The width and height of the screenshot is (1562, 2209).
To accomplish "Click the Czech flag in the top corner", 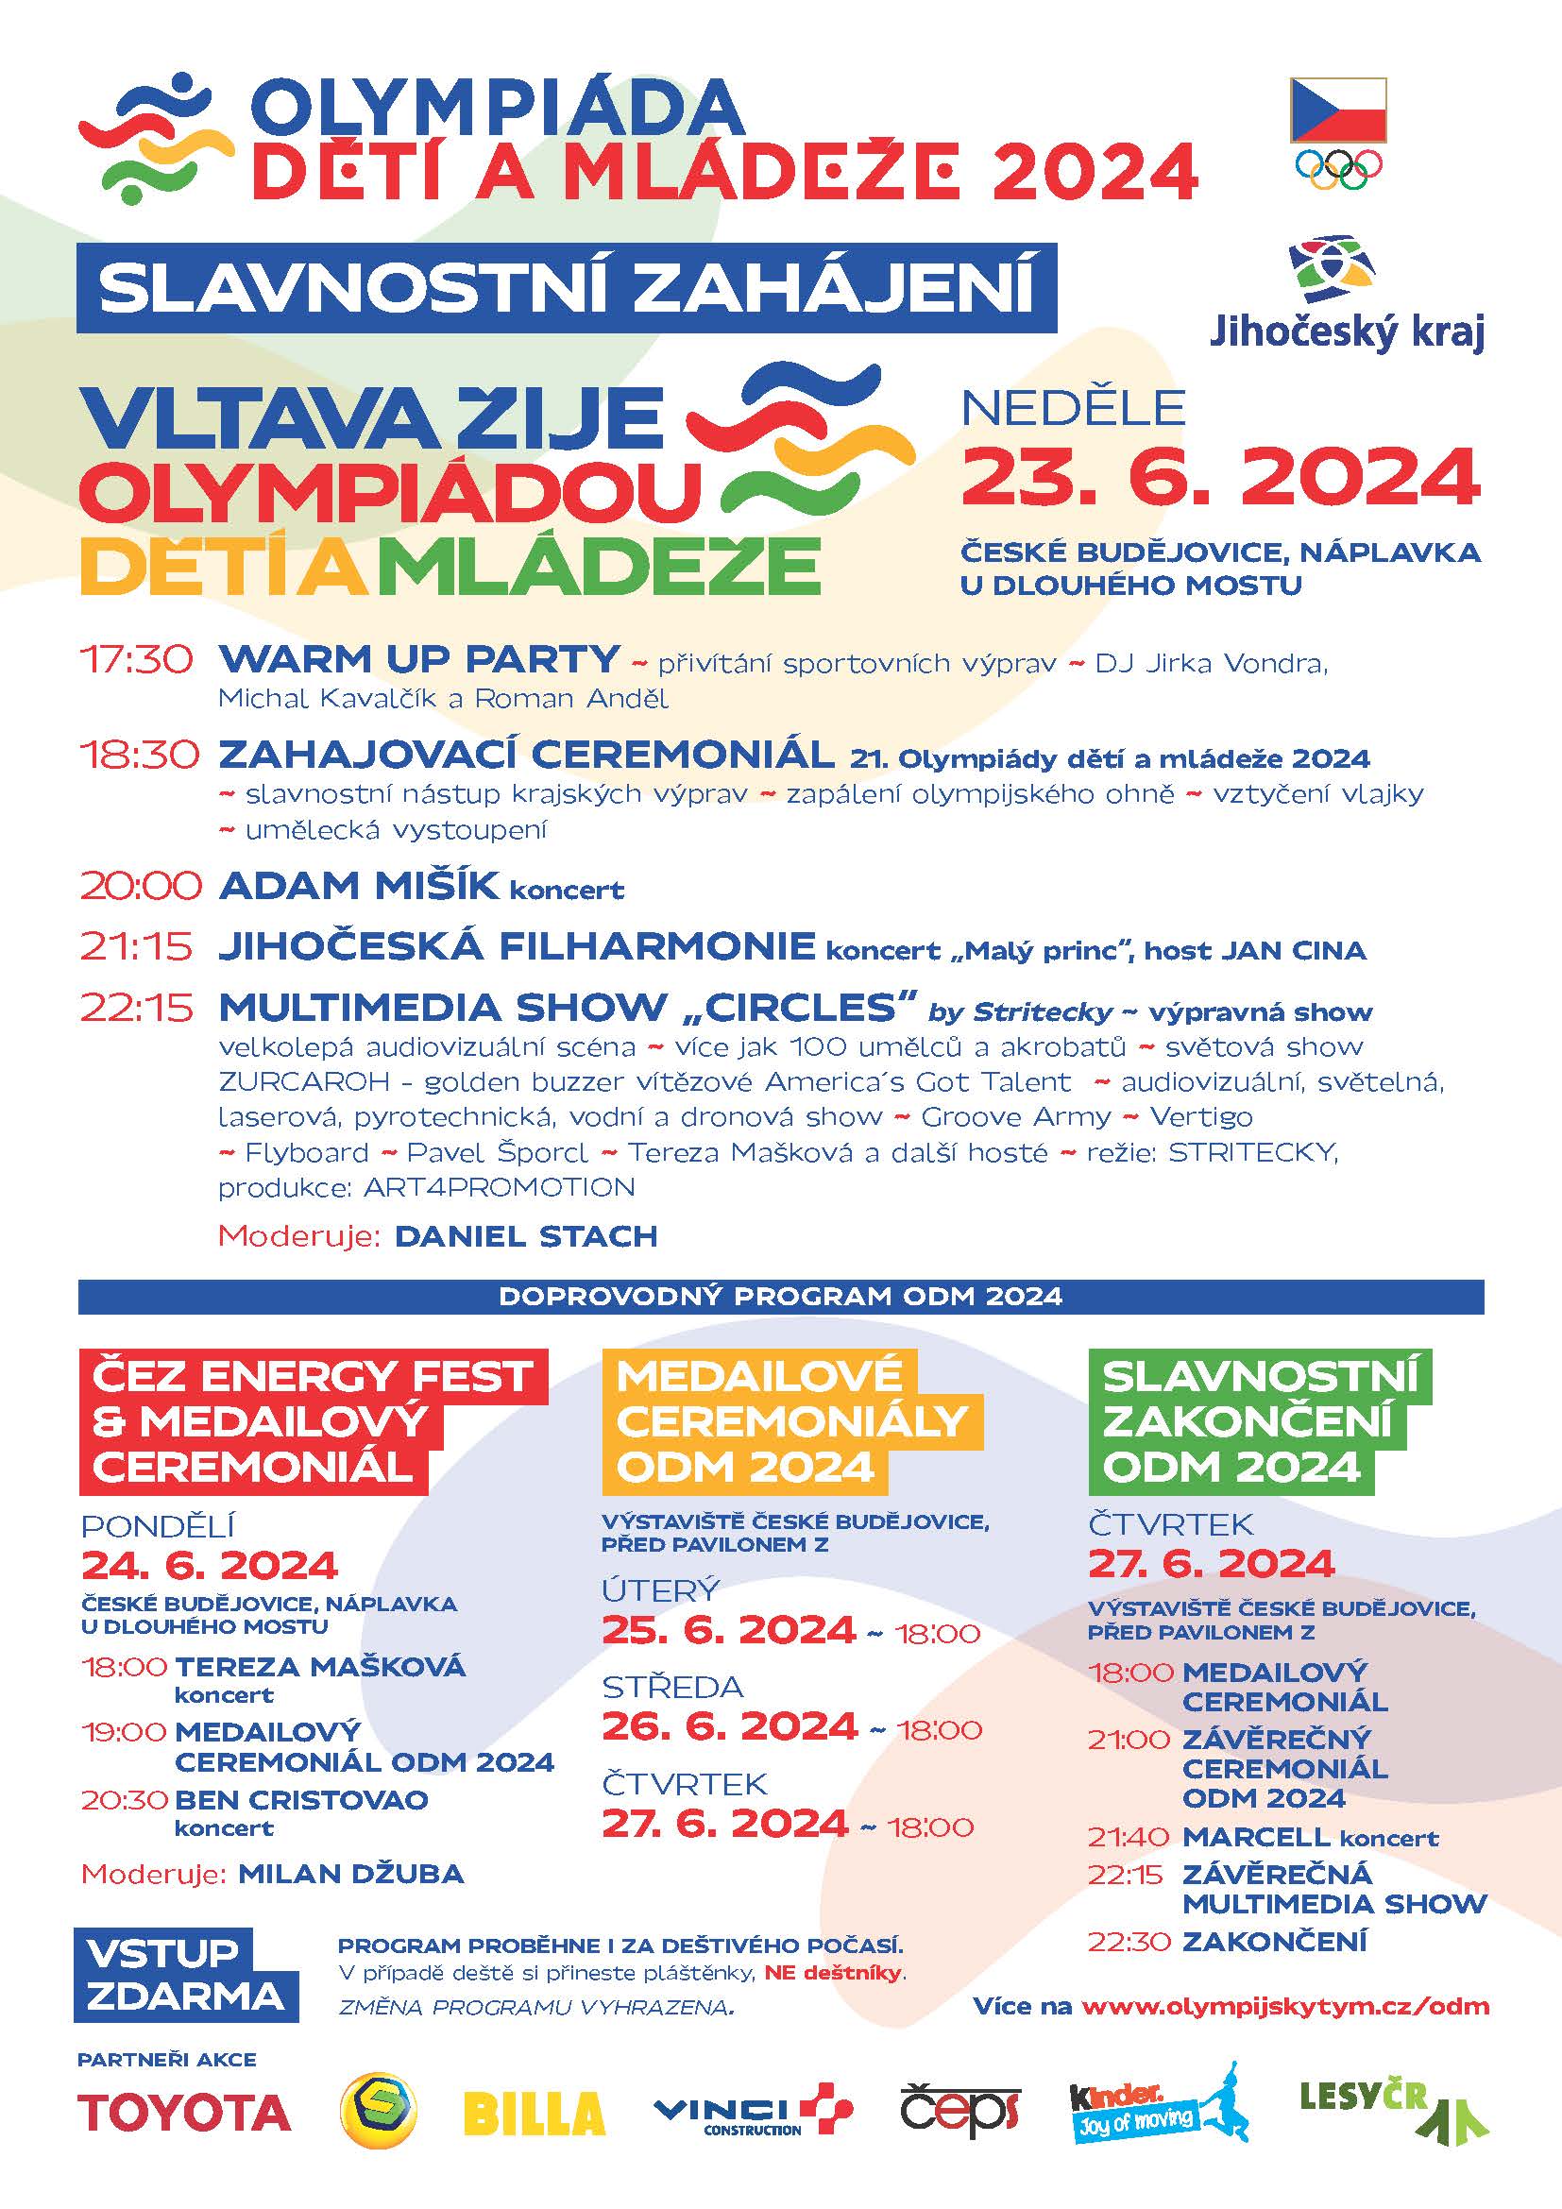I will click(x=1337, y=110).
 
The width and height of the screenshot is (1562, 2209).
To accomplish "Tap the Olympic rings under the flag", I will click(x=1338, y=166).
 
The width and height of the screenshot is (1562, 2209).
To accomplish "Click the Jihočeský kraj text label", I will click(x=1347, y=331).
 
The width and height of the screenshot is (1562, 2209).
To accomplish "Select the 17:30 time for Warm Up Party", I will click(x=136, y=660).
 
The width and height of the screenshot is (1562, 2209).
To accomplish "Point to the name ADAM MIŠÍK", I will click(x=360, y=885).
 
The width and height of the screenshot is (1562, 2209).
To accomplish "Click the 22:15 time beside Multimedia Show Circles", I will click(x=137, y=1008).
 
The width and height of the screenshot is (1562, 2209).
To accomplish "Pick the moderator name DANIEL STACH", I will click(x=525, y=1236).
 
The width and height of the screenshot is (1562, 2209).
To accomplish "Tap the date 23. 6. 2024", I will click(x=1220, y=477).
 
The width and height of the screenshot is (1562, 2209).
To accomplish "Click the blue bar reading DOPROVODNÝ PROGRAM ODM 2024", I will click(x=780, y=1296).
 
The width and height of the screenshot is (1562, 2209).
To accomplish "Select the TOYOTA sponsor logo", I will click(x=185, y=2114).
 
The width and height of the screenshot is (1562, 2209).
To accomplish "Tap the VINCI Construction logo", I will click(x=752, y=2113).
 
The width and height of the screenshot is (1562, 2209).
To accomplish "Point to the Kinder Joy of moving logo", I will click(x=1159, y=2106).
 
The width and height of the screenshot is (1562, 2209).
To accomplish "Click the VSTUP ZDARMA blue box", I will click(x=185, y=1975).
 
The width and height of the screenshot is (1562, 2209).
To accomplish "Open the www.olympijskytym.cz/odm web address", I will click(x=1285, y=2006).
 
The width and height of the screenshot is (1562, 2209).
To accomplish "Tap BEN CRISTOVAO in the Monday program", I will click(x=301, y=1800).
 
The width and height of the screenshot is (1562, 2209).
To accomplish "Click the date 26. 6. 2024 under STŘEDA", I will click(x=729, y=1726).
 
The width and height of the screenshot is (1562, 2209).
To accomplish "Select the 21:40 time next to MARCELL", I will click(x=1129, y=1838).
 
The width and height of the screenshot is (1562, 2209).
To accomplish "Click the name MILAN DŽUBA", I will click(x=351, y=1873).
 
